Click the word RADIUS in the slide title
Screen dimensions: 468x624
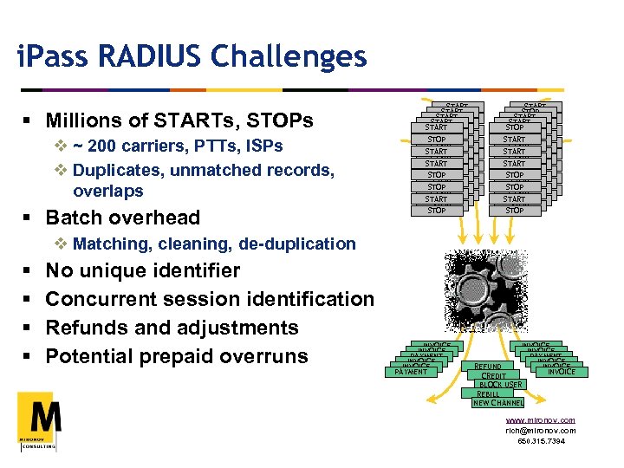click(x=154, y=58)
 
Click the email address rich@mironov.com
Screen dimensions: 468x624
click(x=541, y=430)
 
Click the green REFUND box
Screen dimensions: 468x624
click(x=488, y=367)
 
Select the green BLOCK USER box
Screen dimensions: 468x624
click(x=500, y=384)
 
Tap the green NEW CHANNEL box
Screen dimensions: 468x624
click(x=497, y=402)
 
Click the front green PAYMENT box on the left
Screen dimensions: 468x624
click(x=411, y=372)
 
